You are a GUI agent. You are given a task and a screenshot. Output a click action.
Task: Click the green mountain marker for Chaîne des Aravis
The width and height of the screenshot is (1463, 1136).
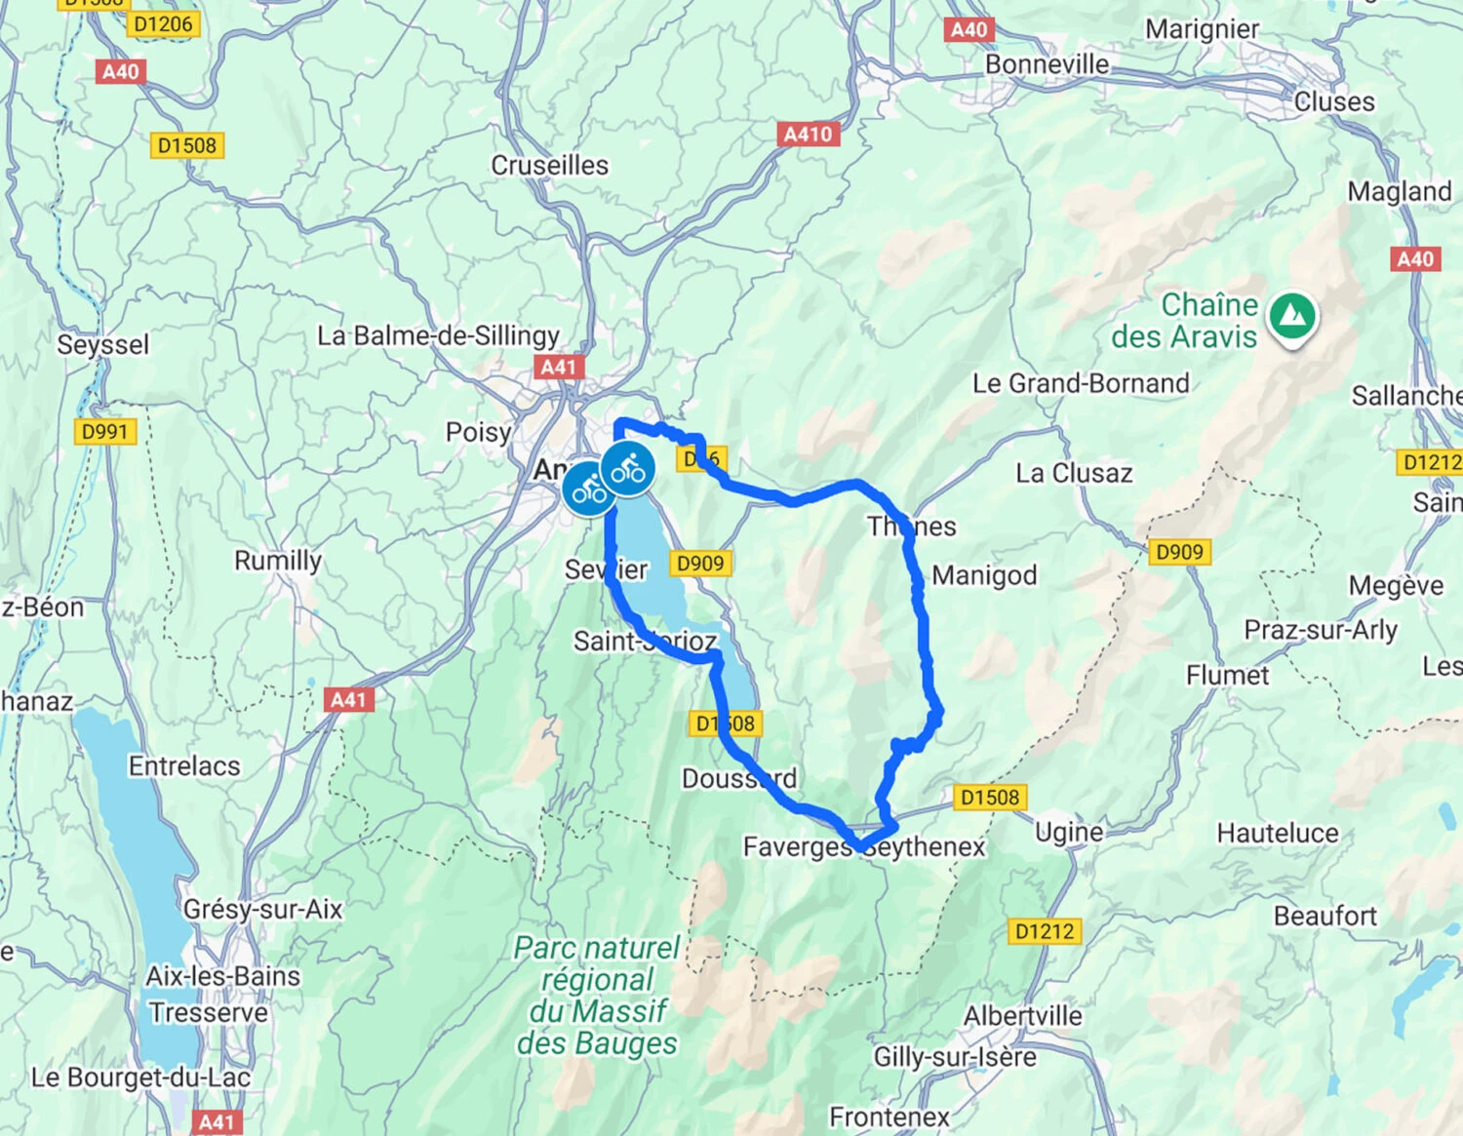click(1292, 316)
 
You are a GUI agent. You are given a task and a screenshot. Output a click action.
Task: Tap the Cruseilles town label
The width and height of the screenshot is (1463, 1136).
click(549, 166)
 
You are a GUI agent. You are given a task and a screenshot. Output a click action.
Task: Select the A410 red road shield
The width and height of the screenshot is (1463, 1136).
click(809, 135)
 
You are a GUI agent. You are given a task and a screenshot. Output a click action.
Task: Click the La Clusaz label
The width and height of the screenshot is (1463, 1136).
click(1074, 474)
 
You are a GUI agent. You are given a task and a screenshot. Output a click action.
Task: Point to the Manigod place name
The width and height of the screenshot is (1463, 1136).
click(984, 575)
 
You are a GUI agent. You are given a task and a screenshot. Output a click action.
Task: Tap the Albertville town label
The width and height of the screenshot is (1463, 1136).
click(1023, 1016)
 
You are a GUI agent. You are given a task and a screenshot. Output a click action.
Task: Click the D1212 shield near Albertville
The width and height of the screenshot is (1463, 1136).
click(1044, 931)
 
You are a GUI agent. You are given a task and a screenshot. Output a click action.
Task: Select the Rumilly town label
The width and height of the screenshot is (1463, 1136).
click(277, 561)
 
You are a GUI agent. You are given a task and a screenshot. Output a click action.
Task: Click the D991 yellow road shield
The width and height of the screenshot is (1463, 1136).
click(104, 431)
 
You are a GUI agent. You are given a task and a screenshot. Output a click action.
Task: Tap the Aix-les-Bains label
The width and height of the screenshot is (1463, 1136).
click(222, 976)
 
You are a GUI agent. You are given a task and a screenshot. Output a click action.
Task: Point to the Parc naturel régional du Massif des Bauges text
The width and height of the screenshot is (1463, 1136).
click(597, 995)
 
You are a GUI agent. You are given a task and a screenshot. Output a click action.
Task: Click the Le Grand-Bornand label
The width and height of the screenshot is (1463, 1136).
click(1081, 383)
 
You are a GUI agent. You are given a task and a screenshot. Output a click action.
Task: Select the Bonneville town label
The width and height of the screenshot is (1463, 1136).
click(1047, 64)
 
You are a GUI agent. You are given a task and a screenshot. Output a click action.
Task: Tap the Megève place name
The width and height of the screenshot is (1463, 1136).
click(1396, 585)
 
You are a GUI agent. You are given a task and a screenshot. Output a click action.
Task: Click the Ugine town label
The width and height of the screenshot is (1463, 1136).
click(1069, 832)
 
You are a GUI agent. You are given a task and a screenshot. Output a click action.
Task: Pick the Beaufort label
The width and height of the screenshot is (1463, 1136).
click(1325, 916)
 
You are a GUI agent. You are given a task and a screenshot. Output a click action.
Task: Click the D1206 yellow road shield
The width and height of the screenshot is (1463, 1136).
click(163, 24)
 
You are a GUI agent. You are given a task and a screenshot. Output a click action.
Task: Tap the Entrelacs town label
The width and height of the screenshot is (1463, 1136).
click(184, 766)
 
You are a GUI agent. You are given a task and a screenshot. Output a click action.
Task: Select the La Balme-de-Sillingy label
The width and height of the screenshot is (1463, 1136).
click(438, 335)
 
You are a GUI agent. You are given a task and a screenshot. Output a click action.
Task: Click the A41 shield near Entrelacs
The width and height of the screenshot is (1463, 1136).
click(348, 699)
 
